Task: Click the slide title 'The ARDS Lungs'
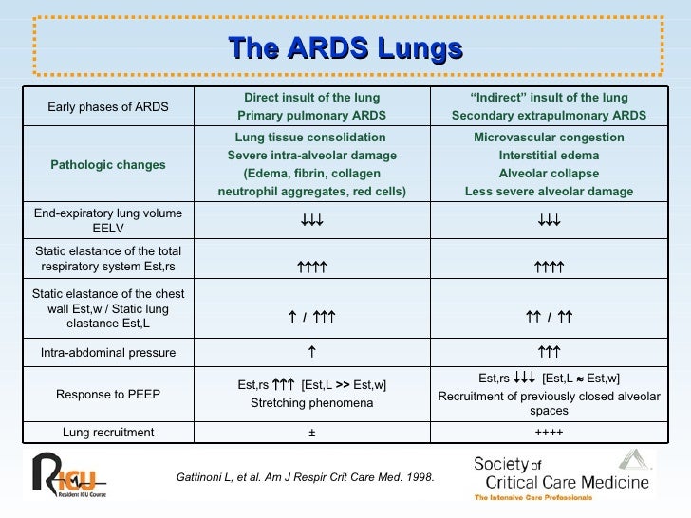(345, 48)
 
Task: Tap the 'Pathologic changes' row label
(108, 164)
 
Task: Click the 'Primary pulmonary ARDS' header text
(311, 116)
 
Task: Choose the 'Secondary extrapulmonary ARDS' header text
(550, 116)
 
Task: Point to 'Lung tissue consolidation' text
(310, 138)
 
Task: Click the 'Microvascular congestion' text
(549, 138)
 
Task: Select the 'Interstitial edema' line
(549, 156)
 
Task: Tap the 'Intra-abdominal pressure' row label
(108, 354)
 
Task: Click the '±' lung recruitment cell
(311, 433)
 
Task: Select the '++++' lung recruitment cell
(549, 433)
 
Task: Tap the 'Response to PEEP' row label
(108, 394)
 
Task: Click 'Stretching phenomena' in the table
(311, 402)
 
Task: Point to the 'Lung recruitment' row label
(108, 433)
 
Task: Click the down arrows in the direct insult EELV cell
(311, 220)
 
